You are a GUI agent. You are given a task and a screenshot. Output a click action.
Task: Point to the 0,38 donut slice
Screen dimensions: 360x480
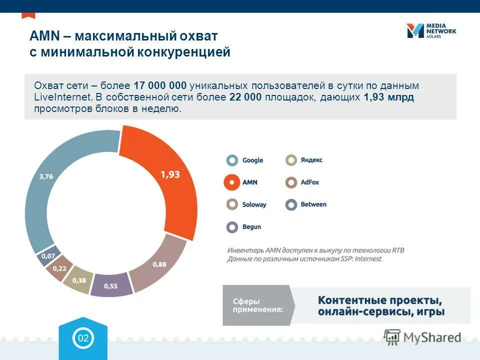tap(78, 280)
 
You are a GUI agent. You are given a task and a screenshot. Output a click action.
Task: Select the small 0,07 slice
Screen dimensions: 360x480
tap(48, 256)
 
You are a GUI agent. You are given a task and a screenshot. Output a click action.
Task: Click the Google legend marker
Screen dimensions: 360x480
tap(232, 160)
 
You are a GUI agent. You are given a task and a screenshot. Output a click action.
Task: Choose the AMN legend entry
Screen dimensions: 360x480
tap(242, 182)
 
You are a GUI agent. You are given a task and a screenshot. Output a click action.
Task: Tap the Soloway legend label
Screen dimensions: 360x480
tap(254, 204)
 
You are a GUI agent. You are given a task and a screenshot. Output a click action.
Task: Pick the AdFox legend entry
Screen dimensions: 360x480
tap(302, 182)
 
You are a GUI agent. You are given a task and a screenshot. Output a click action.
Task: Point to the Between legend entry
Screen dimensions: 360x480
tap(305, 204)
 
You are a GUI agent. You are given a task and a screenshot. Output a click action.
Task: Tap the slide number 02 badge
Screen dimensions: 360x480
tap(82, 338)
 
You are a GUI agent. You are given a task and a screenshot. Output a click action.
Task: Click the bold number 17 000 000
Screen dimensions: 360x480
tap(160, 85)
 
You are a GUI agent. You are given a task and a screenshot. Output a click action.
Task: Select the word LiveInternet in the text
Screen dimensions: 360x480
tap(62, 97)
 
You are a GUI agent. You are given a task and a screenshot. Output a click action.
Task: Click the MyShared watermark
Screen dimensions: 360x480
tap(422, 337)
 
